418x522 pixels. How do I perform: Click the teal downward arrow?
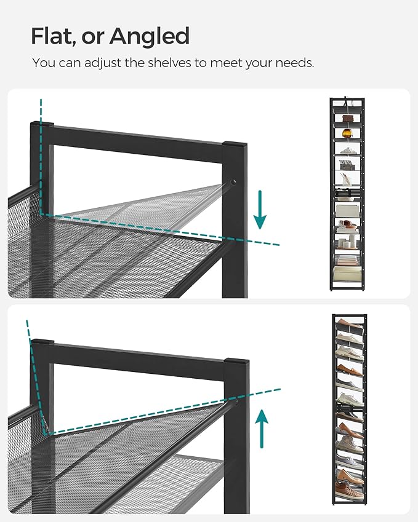261,209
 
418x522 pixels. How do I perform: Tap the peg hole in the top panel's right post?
233,182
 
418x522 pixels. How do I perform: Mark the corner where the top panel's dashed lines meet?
41,213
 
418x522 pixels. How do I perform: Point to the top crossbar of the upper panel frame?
135,141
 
